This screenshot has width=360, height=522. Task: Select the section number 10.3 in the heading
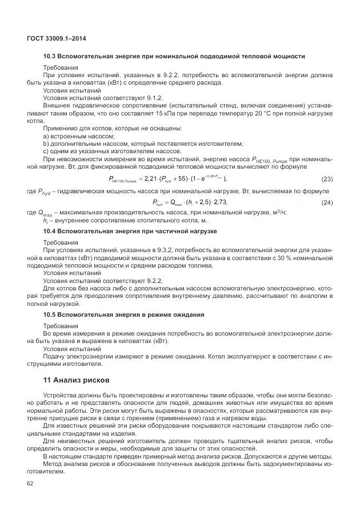[50, 56]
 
